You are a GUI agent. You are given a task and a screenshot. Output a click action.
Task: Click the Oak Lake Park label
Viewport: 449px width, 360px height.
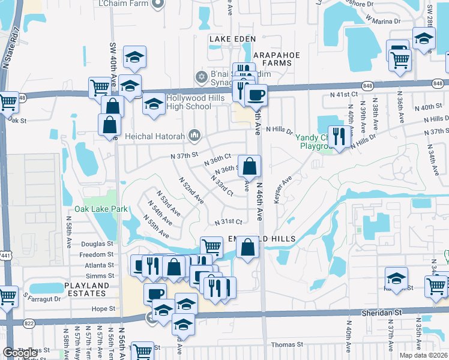point(101,209)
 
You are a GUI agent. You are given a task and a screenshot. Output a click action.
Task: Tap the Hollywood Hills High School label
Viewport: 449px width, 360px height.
point(180,102)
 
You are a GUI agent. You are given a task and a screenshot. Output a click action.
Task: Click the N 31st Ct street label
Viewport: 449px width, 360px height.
point(229,222)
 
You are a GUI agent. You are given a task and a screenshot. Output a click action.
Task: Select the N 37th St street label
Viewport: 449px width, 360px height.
point(184,155)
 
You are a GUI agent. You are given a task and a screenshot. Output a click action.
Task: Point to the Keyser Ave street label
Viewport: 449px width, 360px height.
point(283,189)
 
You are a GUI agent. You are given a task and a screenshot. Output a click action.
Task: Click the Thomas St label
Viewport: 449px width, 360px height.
point(288,344)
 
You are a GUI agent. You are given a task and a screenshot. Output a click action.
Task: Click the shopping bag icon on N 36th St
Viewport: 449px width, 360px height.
point(249,166)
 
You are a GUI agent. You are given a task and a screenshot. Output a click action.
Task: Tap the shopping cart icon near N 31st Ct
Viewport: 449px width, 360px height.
point(211,246)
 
